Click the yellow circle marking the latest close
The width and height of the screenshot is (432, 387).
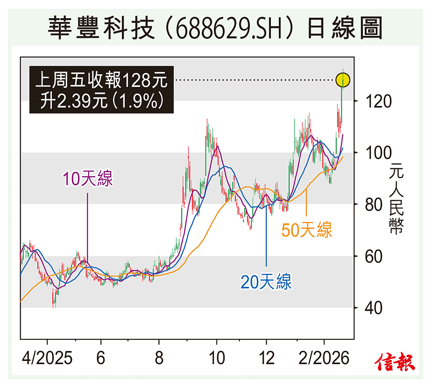tap(343, 79)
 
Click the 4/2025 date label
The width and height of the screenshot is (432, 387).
tap(47, 359)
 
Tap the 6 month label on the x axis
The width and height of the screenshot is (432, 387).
tap(100, 359)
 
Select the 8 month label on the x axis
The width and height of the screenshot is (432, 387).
tap(159, 359)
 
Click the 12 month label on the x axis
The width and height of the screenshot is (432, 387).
tap(266, 359)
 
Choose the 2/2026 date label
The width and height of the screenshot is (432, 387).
tap(324, 359)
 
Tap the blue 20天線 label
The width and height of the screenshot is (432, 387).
tap(266, 282)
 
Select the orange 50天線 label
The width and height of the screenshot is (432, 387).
tap(307, 230)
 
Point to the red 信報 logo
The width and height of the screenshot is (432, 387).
tap(395, 362)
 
